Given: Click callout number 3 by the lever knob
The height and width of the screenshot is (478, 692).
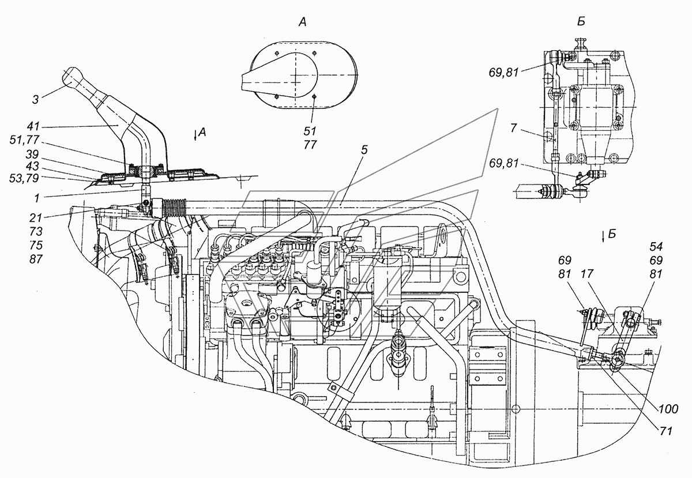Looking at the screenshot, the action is [36, 100].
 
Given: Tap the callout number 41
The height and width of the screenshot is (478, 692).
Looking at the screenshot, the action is [33, 126].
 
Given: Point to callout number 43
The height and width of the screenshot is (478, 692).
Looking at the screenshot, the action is [32, 166].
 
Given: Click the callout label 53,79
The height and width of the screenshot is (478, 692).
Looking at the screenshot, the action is [25, 178].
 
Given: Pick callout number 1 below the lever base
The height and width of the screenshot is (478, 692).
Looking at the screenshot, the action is [37, 198].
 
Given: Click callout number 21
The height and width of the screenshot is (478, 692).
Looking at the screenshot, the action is [36, 218].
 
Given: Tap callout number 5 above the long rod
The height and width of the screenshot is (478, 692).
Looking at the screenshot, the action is [364, 150].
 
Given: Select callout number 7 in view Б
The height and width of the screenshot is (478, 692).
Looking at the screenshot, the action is [513, 127].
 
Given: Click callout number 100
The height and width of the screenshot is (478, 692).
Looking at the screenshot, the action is [668, 409].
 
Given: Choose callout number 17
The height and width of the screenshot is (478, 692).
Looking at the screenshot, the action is [587, 274].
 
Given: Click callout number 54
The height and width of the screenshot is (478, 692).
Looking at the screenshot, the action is [656, 247].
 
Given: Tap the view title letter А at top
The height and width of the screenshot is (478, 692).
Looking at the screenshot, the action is [302, 22].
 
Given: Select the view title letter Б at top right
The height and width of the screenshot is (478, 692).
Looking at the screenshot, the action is [581, 22].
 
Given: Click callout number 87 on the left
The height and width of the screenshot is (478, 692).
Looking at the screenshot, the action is [36, 259].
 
